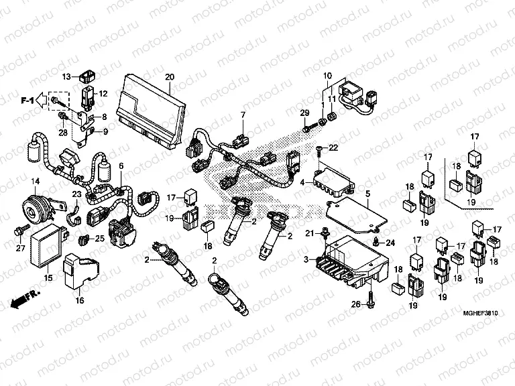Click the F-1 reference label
point(27,101)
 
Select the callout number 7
point(243,115)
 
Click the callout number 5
point(367,194)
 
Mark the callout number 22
point(333,146)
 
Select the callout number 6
point(121,166)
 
